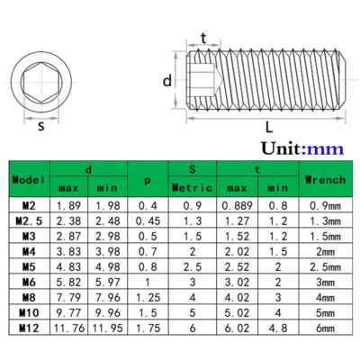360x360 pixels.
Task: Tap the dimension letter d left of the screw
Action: point(166,80)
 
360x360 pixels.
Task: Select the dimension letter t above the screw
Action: point(204,37)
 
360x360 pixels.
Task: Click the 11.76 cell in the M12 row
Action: point(69,328)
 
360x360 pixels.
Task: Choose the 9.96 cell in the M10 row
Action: point(108,313)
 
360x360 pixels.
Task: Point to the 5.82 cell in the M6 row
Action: point(69,283)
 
